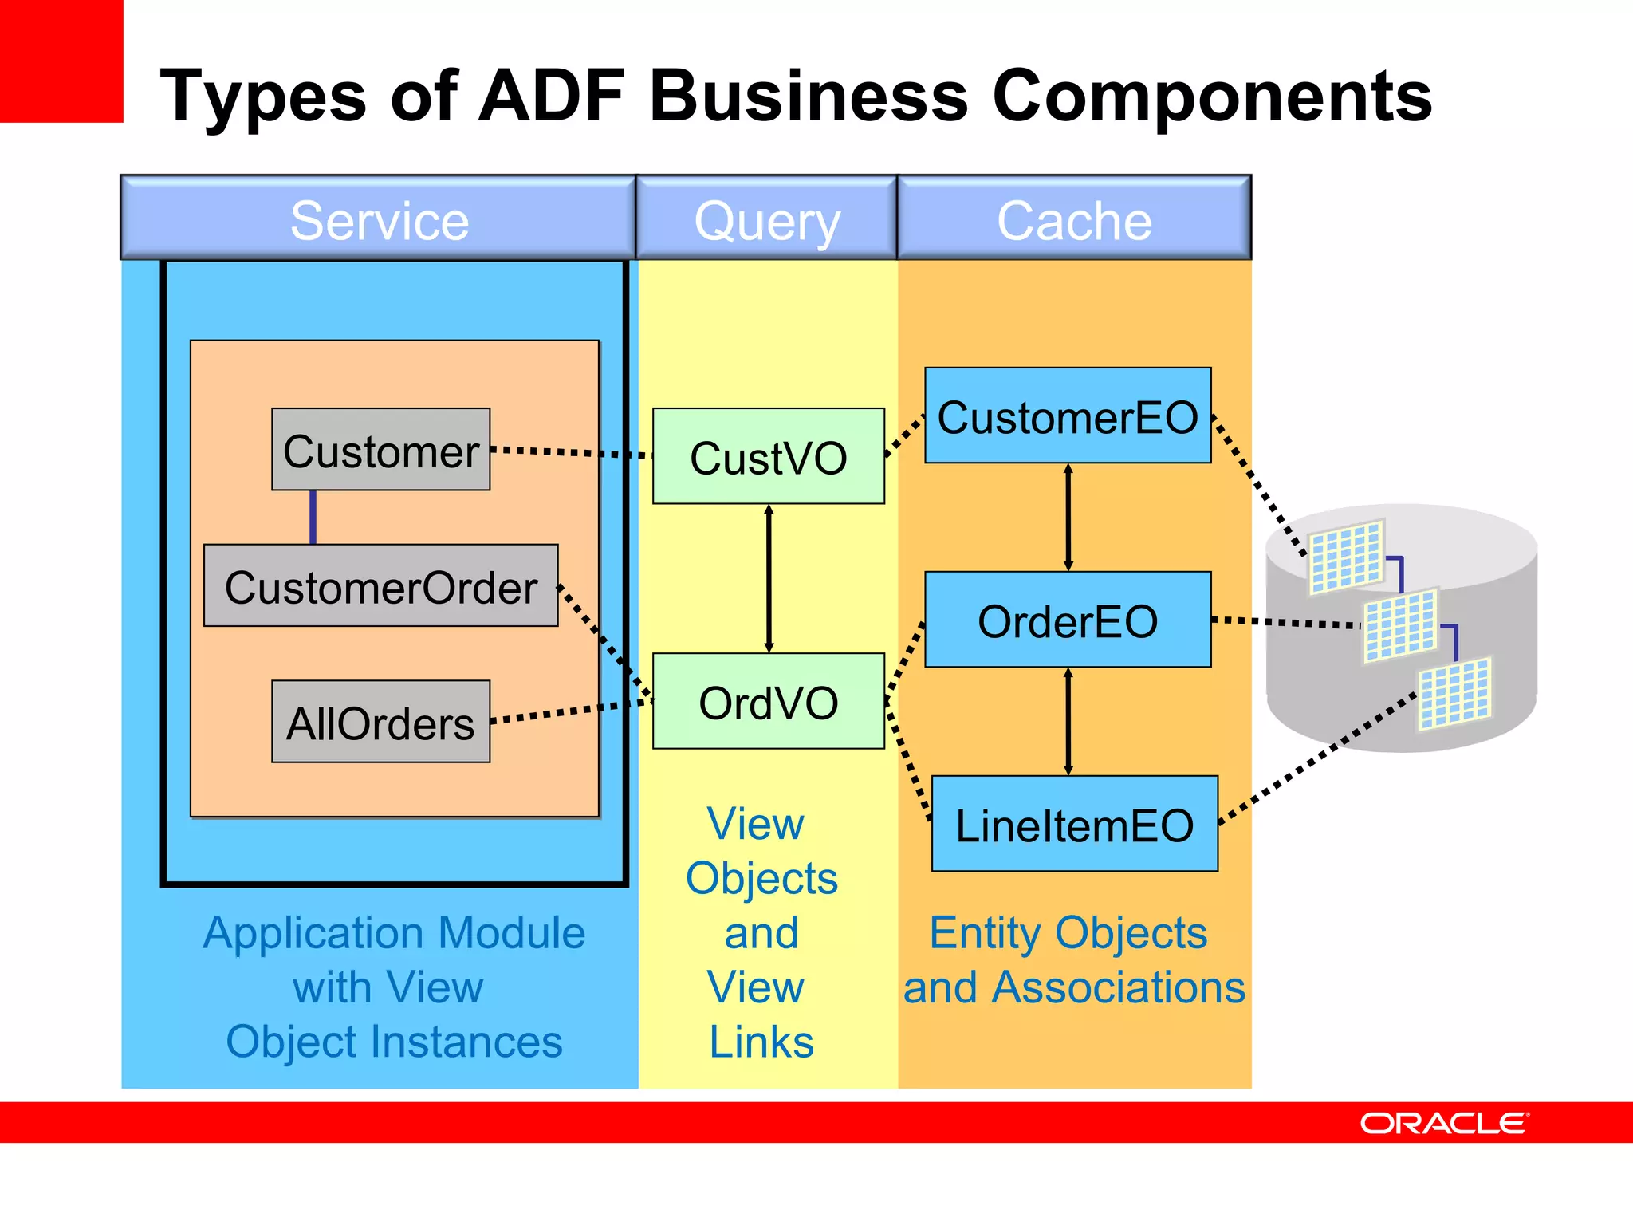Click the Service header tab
379,219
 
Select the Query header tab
767,219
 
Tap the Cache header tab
1074,219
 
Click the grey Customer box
380,450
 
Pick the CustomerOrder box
380,586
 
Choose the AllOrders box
380,722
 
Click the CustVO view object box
768,456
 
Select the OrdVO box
768,701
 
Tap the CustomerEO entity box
1068,416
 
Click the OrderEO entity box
1068,620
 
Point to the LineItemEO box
1074,824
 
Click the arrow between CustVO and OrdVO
769,578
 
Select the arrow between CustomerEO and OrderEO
1068,517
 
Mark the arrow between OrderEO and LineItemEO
1068,721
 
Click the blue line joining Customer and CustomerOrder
313,517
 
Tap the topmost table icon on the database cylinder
1346,557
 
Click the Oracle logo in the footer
1444,1123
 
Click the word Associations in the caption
1118,987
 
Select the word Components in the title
1212,96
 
